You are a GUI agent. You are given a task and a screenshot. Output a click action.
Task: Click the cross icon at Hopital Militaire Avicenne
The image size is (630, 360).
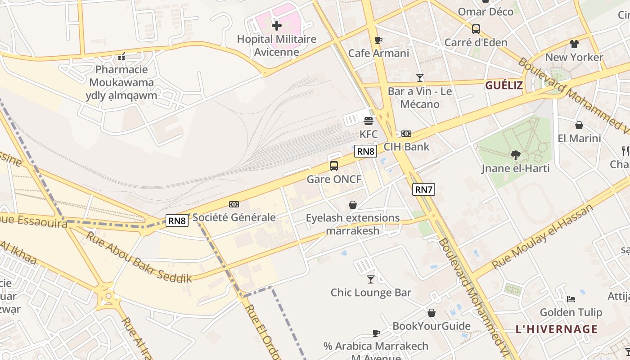(x=277, y=26)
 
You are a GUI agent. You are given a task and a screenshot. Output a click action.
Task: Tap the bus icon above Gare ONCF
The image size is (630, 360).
(x=334, y=166)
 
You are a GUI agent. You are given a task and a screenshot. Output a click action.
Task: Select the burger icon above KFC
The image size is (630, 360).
(x=369, y=121)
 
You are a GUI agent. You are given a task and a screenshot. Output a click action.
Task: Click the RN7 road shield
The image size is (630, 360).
(x=423, y=189)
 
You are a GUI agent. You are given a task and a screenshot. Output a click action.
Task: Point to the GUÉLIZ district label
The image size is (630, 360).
(x=504, y=85)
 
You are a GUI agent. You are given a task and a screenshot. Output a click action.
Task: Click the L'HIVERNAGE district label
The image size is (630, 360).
(x=557, y=329)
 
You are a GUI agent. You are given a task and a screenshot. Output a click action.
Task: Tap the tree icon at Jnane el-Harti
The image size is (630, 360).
(x=515, y=155)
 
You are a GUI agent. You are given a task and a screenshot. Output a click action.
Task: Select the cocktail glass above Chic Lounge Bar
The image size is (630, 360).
(x=371, y=279)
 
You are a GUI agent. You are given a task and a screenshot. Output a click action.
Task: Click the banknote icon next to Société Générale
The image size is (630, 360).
(x=234, y=204)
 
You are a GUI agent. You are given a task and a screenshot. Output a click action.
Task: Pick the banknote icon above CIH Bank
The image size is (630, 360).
(x=406, y=134)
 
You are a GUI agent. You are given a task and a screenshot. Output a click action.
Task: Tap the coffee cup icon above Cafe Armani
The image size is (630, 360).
(x=378, y=40)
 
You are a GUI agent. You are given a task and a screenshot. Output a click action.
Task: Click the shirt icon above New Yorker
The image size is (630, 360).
(x=574, y=44)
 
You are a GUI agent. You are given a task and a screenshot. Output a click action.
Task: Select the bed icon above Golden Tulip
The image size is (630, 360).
(x=571, y=299)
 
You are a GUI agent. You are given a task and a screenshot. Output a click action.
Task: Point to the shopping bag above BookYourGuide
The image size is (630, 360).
(x=432, y=313)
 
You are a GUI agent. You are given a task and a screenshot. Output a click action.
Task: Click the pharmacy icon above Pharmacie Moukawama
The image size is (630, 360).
(x=121, y=57)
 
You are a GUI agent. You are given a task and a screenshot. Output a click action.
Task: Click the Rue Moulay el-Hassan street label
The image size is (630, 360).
(x=543, y=236)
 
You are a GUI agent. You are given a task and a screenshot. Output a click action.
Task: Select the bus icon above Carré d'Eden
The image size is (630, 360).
(x=476, y=29)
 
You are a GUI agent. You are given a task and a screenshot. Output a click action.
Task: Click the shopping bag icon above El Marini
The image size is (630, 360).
(x=579, y=125)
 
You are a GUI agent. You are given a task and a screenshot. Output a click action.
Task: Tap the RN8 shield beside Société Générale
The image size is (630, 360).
(x=177, y=220)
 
